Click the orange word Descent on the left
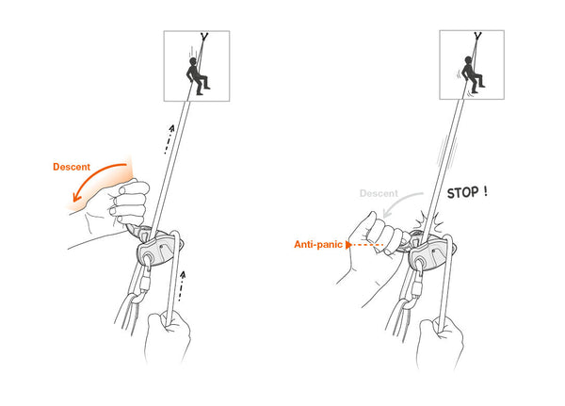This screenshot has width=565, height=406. point(72,167)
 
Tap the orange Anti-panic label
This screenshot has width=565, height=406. point(318,244)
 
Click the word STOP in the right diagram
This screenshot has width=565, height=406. point(463,194)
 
